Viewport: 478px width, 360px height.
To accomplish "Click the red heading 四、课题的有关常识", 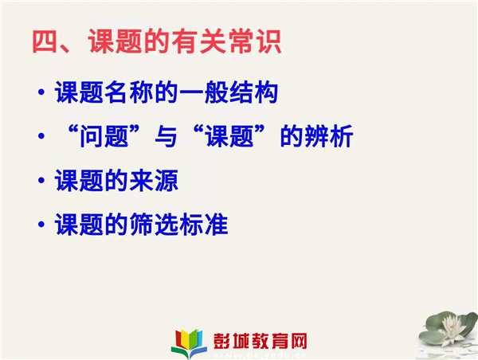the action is click(x=157, y=41).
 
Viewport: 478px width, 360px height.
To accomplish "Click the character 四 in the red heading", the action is click(x=45, y=41).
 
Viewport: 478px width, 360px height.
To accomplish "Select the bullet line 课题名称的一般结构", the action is click(x=167, y=92).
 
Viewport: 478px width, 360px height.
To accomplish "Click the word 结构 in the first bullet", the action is click(x=253, y=92).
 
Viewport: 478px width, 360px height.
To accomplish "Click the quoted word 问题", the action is click(x=104, y=136).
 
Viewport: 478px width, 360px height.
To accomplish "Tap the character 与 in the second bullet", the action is click(x=166, y=136).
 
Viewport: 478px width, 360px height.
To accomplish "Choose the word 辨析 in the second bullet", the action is click(x=328, y=136).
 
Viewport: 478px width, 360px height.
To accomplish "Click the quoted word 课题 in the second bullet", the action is click(x=229, y=136).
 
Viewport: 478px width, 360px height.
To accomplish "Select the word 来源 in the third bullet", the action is click(x=154, y=181).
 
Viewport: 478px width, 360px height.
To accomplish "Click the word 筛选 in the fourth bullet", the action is click(x=154, y=225).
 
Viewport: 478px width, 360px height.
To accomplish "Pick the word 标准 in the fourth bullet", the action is click(x=204, y=225).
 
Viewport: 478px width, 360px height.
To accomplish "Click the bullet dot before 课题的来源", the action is click(x=41, y=181).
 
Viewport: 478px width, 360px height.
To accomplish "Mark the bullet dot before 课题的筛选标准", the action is click(x=41, y=225).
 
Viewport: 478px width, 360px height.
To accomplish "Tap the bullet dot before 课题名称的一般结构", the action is click(x=41, y=92).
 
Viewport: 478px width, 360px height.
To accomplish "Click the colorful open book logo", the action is click(x=189, y=343).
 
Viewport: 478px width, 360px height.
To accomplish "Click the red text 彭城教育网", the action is click(x=260, y=341).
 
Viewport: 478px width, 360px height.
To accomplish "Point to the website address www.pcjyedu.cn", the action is click(x=260, y=355).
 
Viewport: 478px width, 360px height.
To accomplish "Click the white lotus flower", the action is click(x=451, y=327).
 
